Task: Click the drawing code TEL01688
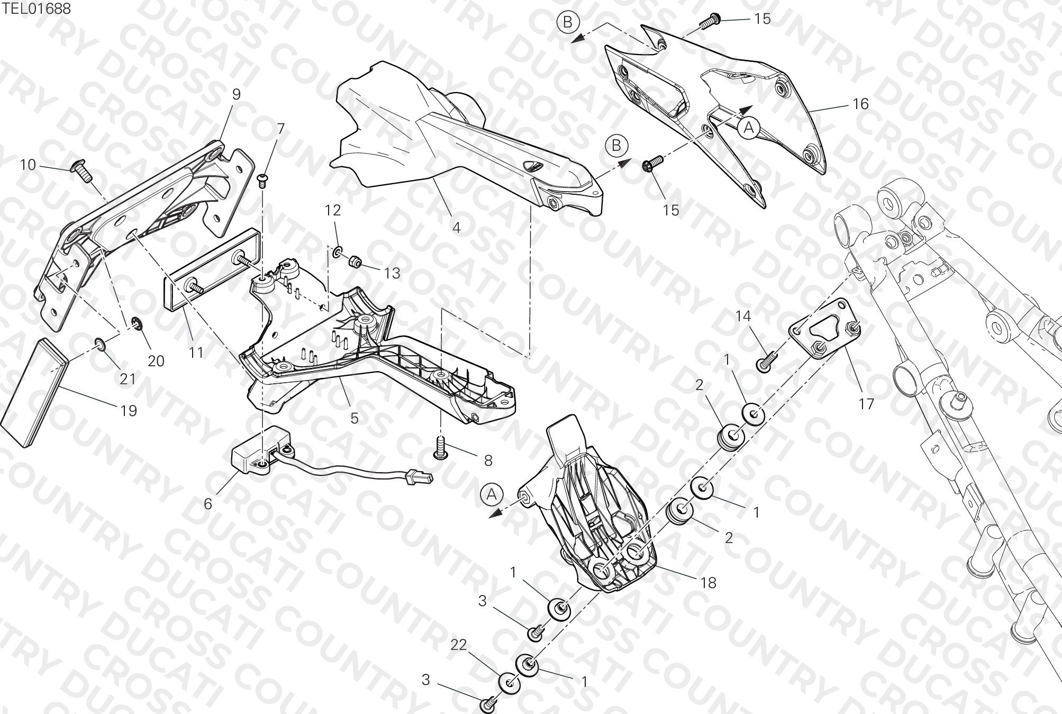click(35, 8)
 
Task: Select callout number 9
click(236, 94)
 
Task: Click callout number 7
click(280, 129)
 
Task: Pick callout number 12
click(333, 210)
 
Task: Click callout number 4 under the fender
click(456, 228)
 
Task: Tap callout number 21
click(128, 379)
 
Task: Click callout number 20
click(156, 361)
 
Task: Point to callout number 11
click(196, 353)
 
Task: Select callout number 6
click(208, 504)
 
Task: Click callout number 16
click(861, 104)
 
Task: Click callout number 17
click(866, 404)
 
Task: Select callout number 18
click(708, 583)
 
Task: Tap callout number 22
click(459, 645)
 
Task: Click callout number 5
click(355, 418)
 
